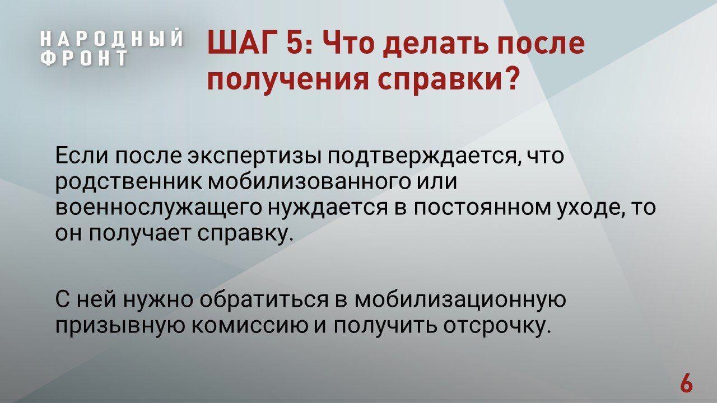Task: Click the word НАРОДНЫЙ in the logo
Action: point(112,39)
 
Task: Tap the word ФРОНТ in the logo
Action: point(84,58)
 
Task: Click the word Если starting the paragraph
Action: point(82,156)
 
